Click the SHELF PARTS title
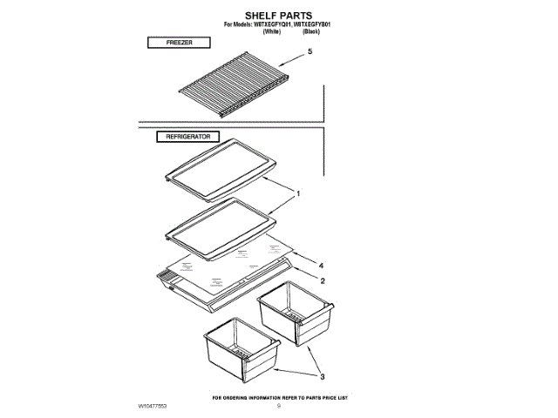(278, 16)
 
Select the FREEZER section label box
(179, 42)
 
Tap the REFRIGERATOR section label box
(188, 137)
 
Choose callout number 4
(322, 265)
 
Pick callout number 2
(322, 280)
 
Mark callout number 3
(322, 376)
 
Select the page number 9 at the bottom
(279, 407)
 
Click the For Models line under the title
(279, 24)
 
